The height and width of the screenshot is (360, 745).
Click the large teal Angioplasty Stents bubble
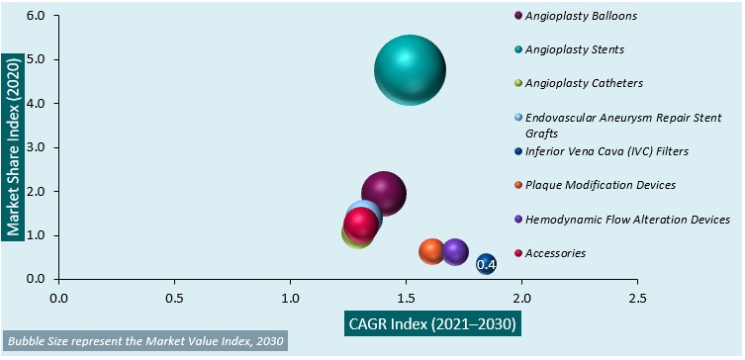[x=410, y=70]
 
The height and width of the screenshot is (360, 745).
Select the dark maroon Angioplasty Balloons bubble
[x=384, y=193]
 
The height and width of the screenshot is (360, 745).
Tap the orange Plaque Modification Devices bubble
[x=432, y=252]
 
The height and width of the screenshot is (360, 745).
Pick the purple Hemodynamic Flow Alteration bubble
[x=455, y=252]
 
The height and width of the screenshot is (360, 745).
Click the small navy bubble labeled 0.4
[x=486, y=264]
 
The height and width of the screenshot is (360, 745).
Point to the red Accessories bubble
[x=359, y=225]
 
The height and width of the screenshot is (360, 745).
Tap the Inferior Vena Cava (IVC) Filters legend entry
[x=606, y=151]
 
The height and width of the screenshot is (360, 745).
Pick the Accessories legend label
[x=555, y=253]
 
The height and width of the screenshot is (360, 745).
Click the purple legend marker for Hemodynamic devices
[x=518, y=220]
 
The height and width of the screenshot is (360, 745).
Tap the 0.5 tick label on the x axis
[x=174, y=297]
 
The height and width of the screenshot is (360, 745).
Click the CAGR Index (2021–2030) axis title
[x=432, y=323]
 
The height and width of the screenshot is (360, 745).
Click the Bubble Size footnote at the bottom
[x=144, y=341]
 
